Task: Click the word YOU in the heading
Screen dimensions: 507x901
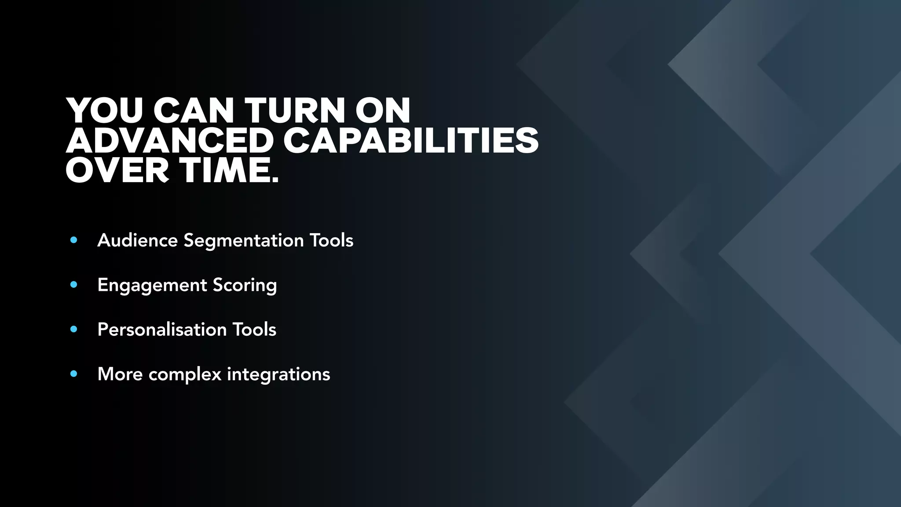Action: [105, 110]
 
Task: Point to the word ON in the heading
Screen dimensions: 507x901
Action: [383, 110]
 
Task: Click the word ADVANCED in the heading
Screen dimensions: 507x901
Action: [170, 141]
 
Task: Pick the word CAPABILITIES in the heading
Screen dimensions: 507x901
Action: [411, 141]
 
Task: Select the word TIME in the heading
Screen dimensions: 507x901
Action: [229, 171]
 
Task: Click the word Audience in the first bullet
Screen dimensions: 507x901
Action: [138, 240]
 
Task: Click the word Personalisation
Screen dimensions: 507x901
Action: [162, 330]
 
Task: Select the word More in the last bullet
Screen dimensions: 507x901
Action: [120, 374]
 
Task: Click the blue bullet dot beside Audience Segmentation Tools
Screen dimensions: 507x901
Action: [74, 240]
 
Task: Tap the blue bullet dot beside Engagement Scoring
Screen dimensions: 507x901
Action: [74, 285]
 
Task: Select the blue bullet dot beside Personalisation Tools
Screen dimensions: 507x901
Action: [74, 329]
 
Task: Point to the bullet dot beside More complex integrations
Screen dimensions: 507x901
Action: [74, 374]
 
